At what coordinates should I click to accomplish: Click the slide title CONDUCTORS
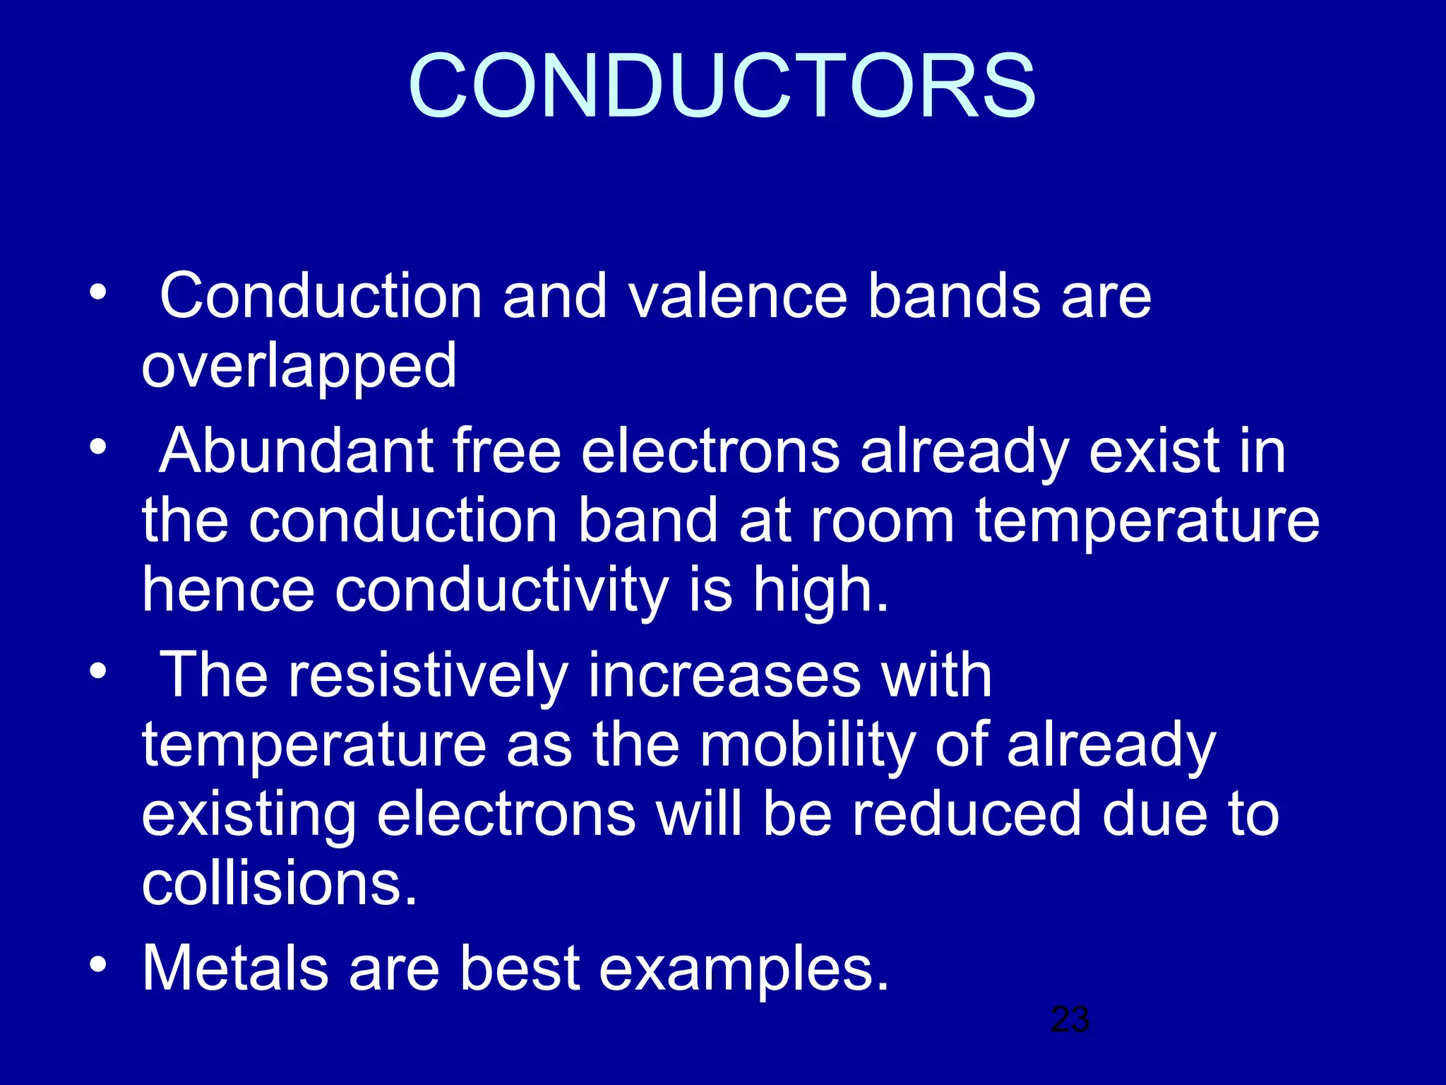722,86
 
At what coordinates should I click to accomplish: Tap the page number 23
1070,1019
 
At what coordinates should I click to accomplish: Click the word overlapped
299,366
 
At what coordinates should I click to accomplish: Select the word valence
737,297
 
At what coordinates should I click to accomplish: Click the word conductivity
501,591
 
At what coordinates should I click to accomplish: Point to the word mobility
807,746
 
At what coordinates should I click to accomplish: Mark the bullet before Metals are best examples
98,964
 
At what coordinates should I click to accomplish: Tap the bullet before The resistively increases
98,671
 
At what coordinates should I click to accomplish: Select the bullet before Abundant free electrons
98,447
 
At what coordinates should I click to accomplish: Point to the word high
819,591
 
